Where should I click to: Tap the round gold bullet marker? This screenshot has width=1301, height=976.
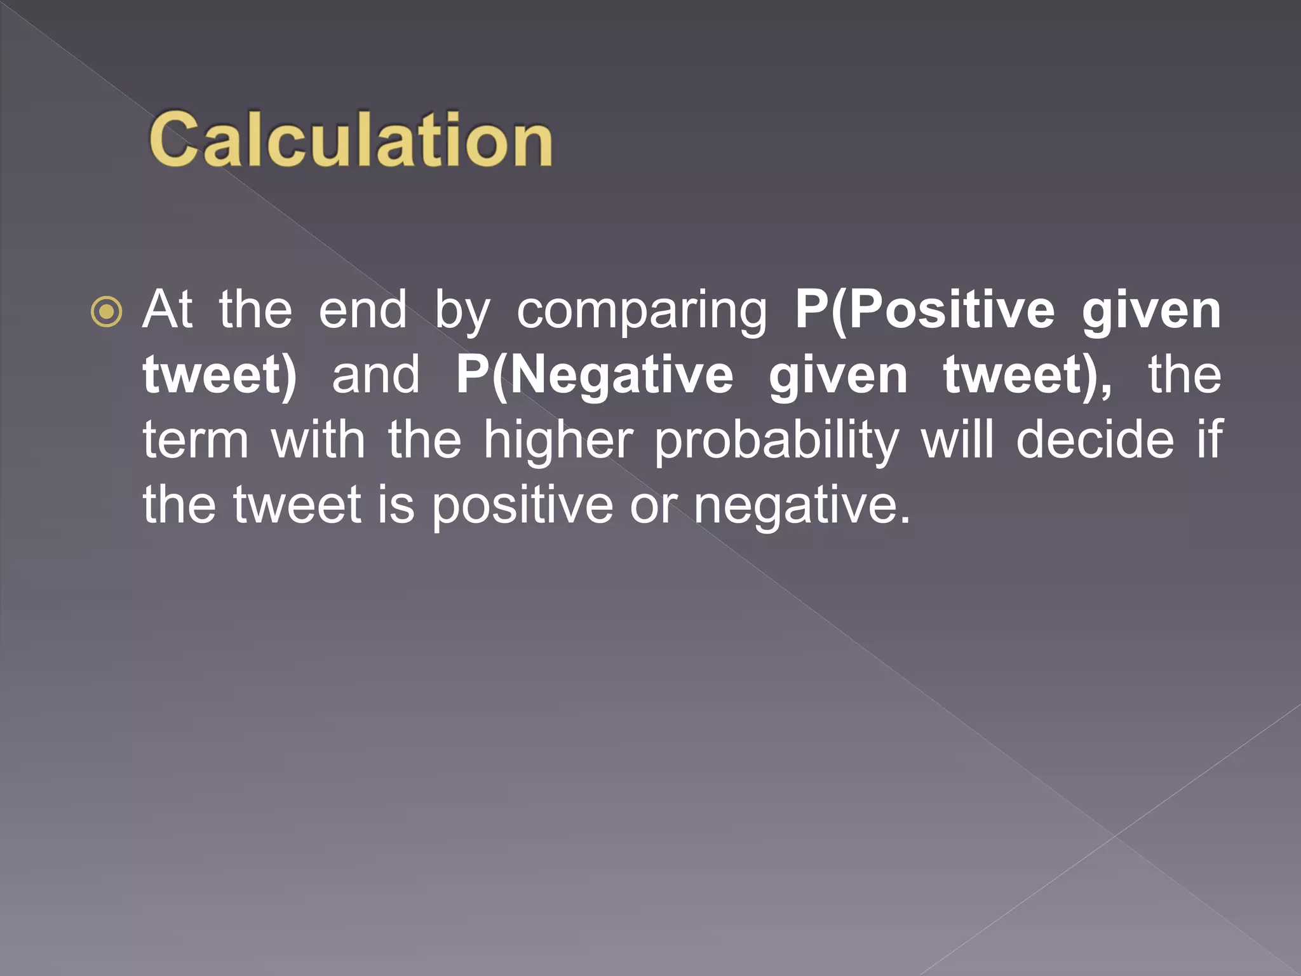[x=106, y=311]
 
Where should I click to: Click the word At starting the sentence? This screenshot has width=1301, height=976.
[x=167, y=309]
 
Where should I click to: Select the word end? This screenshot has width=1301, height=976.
[x=363, y=309]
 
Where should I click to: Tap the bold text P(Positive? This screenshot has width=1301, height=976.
[x=925, y=309]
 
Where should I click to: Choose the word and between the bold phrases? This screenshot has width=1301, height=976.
[x=375, y=375]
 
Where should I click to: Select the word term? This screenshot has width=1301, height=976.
[x=196, y=440]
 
